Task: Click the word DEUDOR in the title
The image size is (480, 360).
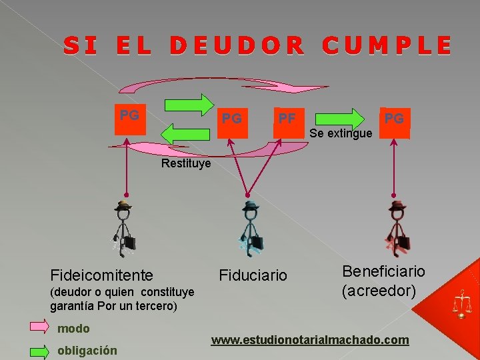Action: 237,45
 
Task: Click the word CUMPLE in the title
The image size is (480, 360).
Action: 387,45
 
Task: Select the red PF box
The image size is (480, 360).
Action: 288,122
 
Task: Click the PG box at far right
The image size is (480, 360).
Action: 395,122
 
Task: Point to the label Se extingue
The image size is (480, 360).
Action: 341,134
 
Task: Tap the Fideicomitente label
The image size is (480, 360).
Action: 102,275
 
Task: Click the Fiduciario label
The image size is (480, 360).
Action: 253,275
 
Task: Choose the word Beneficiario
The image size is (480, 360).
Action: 383,271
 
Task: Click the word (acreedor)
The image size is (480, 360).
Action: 379,291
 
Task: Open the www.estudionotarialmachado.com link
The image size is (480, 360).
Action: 310,340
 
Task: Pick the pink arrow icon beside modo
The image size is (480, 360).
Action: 38,327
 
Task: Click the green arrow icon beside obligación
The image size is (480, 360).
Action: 38,349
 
